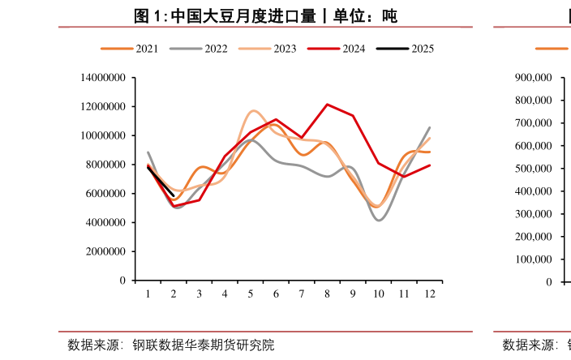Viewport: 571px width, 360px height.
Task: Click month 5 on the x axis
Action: (251, 294)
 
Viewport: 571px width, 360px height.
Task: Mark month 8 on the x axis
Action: (327, 294)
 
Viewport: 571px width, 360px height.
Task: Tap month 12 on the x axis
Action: (429, 294)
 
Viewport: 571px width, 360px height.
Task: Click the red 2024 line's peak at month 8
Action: (327, 105)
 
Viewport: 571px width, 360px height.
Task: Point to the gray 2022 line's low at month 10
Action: (379, 221)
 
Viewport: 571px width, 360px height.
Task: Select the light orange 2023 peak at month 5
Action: (254, 110)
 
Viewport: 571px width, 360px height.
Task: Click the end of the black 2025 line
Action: (174, 195)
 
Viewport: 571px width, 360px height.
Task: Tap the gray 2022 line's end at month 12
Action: (429, 128)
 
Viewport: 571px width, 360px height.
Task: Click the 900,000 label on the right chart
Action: (534, 78)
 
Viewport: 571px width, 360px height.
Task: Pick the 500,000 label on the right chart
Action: (534, 169)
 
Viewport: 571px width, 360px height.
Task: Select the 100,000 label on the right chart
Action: (534, 259)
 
